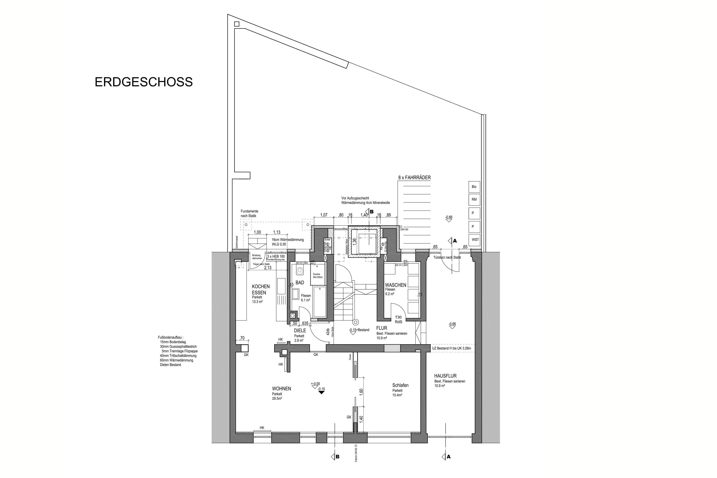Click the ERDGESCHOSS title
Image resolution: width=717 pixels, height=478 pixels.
144,82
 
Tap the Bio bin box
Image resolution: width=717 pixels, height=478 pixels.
474,187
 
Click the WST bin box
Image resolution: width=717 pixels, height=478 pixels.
475,240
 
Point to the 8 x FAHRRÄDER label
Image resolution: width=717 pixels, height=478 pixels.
414,178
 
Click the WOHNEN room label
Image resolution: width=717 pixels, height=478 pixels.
281,389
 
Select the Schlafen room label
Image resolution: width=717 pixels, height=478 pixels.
400,385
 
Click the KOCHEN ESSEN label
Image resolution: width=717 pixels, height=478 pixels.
261,290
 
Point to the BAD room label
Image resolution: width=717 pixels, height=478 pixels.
300,283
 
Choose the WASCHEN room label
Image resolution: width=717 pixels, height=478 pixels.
395,285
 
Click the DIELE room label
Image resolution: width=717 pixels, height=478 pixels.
300,331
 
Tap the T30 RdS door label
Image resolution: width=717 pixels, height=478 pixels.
398,319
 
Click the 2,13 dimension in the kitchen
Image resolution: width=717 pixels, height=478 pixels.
268,268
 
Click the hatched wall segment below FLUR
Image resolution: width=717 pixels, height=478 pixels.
392,348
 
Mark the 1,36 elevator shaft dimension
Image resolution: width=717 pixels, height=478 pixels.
354,241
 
